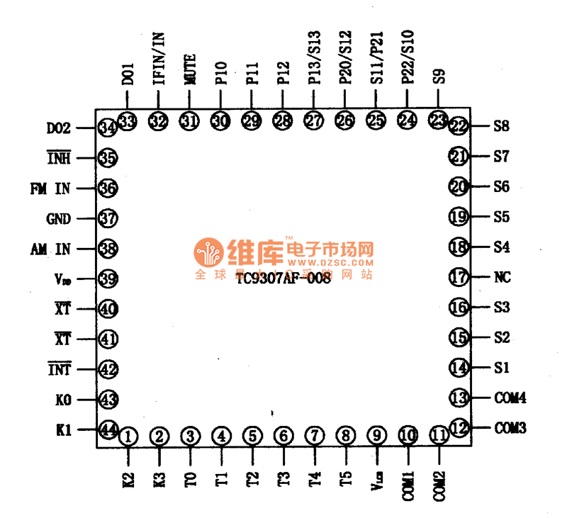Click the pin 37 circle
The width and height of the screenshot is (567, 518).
point(108,219)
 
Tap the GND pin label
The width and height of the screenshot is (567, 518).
point(58,219)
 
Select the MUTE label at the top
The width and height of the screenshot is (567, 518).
point(191,71)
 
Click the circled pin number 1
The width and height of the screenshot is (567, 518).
point(128,437)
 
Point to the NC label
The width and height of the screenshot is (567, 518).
point(503,278)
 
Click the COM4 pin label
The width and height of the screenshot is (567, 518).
point(510,398)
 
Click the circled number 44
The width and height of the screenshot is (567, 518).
point(108,429)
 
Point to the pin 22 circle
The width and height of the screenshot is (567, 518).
point(460,127)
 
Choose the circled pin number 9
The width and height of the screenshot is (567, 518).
point(376,437)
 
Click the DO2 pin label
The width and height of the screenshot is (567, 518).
point(58,129)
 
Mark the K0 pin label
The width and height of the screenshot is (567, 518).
point(63,400)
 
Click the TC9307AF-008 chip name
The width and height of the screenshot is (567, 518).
point(285,278)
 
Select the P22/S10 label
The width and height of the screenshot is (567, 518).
point(408,58)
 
